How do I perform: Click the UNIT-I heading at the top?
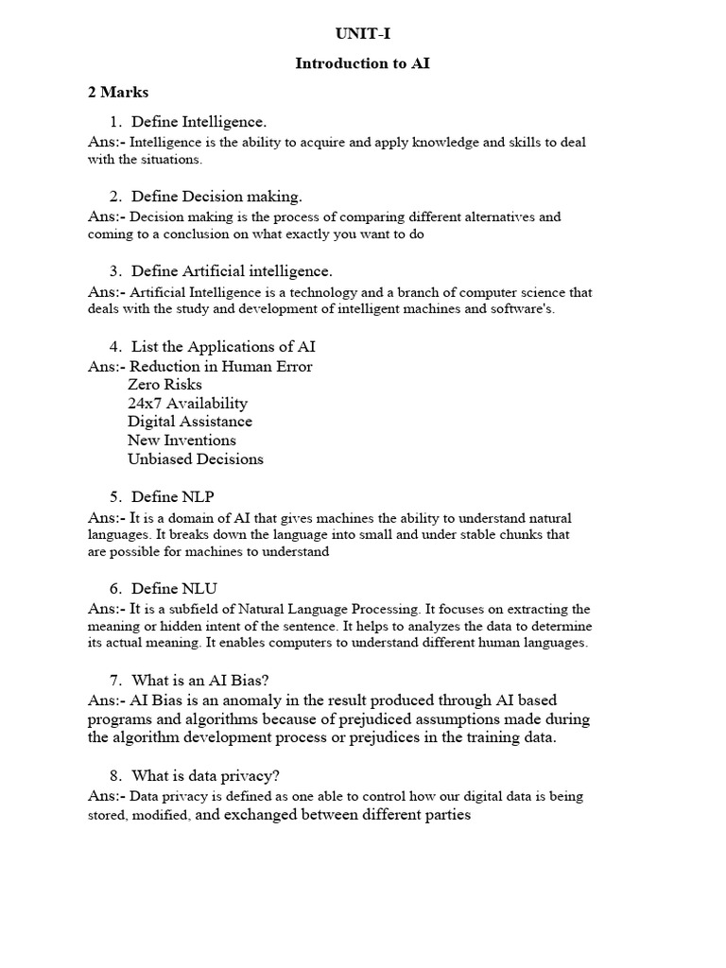pos(363,35)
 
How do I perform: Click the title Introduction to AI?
pos(363,64)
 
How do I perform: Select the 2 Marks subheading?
pos(118,93)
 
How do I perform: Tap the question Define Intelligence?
pos(199,122)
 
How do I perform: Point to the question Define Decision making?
pos(216,197)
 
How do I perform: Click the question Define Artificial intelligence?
pos(232,271)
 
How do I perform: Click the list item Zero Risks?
pos(164,385)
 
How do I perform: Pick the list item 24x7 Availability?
pos(187,403)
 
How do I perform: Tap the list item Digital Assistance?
pos(190,422)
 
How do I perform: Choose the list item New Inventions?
pos(181,441)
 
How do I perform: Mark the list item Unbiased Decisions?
pos(196,459)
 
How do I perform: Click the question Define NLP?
pos(179,496)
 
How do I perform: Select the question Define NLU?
pos(180,588)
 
